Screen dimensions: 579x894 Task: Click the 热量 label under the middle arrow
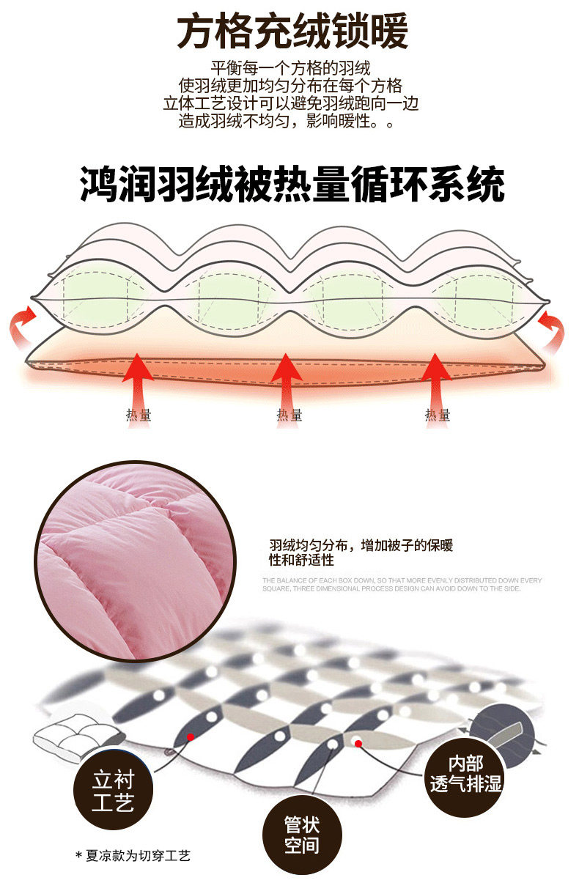pyautogui.click(x=289, y=415)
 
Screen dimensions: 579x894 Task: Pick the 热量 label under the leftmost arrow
pyautogui.click(x=139, y=415)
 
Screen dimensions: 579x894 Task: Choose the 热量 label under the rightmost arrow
pyautogui.click(x=438, y=415)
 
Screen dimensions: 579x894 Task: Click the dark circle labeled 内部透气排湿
pyautogui.click(x=465, y=775)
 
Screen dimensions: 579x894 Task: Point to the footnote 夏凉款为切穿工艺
pyautogui.click(x=133, y=855)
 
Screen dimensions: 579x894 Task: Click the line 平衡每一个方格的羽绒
pyautogui.click(x=289, y=66)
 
